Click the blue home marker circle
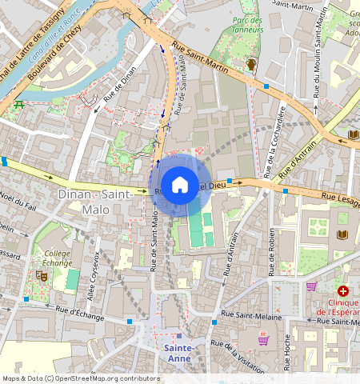pyautogui.click(x=180, y=185)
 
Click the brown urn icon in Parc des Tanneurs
pyautogui.click(x=250, y=64)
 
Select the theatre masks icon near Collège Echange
pyautogui.click(x=42, y=275)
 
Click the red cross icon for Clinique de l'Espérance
pyautogui.click(x=343, y=292)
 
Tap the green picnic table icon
pyautogui.click(x=18, y=105)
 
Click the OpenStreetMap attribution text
pyautogui.click(x=81, y=378)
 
